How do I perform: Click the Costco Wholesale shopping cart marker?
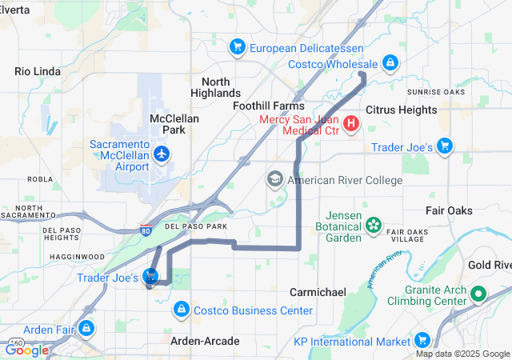389,62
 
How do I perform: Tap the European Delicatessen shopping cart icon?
237,47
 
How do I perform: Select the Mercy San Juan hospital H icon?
350,125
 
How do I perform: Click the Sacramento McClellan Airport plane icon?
162,153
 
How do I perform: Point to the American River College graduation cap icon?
275,179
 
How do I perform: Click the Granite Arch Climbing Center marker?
479,294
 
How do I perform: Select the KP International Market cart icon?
422,341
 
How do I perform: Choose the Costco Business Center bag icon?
182,309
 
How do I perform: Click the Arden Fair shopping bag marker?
86,327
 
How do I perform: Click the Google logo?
27,350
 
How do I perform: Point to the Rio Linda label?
38,71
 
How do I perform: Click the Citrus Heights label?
402,110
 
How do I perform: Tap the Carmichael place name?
318,292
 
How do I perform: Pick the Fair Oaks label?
449,210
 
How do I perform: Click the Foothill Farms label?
269,106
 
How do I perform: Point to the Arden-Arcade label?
205,341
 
